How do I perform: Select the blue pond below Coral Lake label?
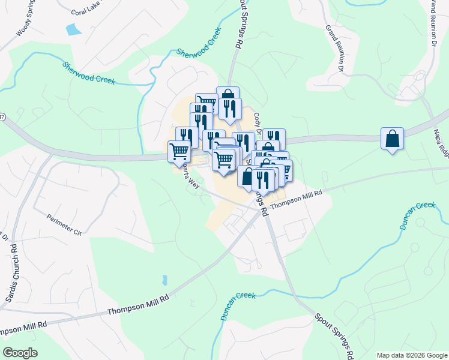coord(74,29)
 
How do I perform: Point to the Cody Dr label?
coord(258,123)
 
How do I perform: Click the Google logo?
coord(20,353)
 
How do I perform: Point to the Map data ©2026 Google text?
coord(411,355)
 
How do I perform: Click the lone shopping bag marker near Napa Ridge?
coord(392,139)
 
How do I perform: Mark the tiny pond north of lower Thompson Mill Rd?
coord(164,280)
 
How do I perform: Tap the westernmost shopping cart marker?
coord(179,152)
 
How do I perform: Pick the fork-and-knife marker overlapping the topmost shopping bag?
coord(230,109)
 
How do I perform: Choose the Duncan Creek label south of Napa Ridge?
coord(417,217)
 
